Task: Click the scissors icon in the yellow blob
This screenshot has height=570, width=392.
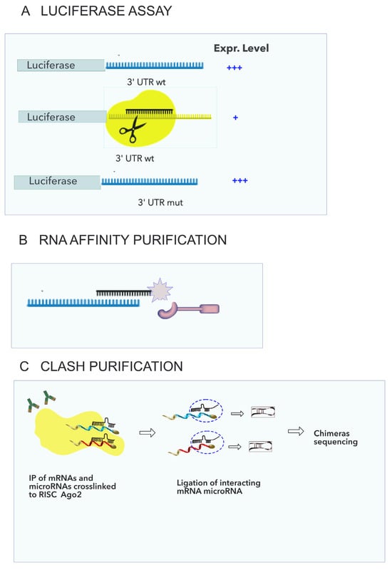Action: click(129, 129)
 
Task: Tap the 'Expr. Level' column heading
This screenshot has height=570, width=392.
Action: click(242, 48)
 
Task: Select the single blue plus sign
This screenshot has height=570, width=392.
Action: click(235, 117)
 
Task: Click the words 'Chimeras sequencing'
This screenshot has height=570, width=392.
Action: click(336, 437)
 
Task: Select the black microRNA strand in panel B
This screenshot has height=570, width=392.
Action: click(121, 292)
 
